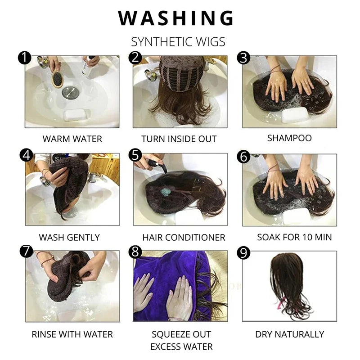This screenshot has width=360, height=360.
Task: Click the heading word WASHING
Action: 176,18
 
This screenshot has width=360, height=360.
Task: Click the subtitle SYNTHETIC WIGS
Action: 178,42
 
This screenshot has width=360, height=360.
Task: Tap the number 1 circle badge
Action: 25,58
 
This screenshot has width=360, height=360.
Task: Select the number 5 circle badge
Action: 135,155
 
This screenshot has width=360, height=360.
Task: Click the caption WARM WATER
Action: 72,139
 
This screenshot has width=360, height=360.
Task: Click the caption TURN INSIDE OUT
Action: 179,139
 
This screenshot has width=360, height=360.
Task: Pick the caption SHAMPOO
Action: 289,138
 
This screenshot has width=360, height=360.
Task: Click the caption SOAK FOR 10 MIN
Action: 294,237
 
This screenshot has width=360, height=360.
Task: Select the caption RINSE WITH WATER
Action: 72,334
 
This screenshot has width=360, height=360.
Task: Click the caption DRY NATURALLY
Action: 289,334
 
